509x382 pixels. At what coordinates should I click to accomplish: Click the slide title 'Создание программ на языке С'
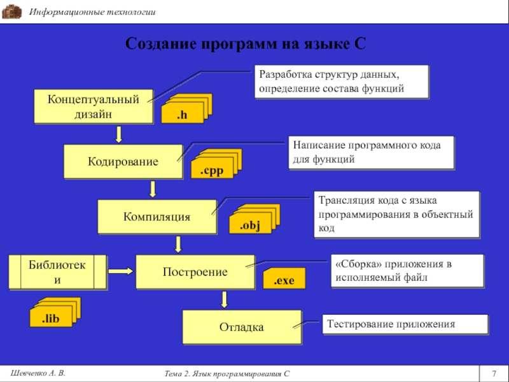246,44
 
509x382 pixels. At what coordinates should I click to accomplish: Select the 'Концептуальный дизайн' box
93,106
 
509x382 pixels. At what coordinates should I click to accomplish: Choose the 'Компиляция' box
157,216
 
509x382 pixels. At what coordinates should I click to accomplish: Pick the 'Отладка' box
241,327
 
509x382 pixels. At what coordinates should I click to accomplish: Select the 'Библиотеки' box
57,272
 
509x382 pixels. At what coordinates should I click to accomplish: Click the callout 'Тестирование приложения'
405,324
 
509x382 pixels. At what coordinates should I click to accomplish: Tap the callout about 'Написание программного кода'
372,152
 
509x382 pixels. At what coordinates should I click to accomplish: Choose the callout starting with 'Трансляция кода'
396,213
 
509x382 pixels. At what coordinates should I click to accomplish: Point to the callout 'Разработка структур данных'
342,81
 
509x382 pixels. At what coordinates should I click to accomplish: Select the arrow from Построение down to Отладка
224,300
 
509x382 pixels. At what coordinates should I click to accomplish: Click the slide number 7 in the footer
494,372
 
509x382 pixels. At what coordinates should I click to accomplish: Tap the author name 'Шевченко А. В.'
39,371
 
